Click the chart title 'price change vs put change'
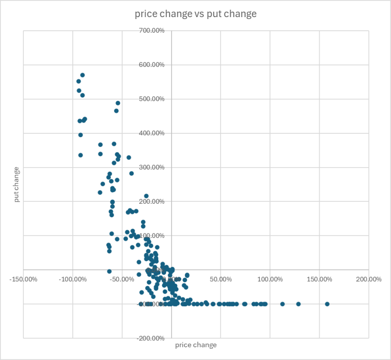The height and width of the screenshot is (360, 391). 195,14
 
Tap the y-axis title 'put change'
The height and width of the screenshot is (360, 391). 17,185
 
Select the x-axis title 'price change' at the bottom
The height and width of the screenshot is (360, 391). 195,345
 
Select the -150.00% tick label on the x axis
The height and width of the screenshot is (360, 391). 23,279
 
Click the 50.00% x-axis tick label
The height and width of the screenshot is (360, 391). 220,279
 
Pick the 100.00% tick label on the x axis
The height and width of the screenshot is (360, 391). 270,279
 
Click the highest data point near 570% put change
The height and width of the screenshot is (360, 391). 83,75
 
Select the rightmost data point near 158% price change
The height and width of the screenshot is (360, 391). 327,304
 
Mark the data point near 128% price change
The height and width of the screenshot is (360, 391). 298,304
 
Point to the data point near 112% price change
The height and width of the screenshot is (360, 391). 282,304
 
